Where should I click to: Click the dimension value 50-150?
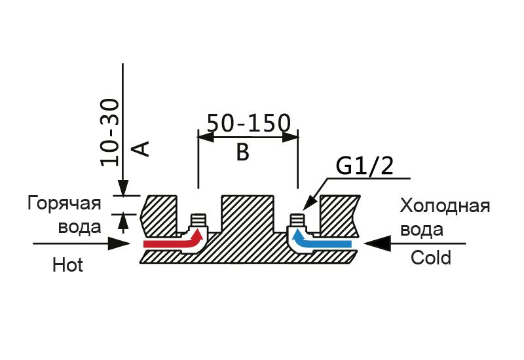click(x=249, y=122)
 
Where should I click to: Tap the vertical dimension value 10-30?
click(x=109, y=133)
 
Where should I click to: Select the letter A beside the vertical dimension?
click(x=141, y=149)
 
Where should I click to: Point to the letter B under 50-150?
click(x=242, y=152)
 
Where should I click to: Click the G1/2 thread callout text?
click(x=365, y=166)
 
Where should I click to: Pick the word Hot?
click(x=67, y=265)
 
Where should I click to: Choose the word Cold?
click(x=431, y=258)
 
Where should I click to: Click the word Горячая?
click(x=64, y=204)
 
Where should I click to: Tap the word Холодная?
click(x=445, y=206)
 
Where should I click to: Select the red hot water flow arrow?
click(x=173, y=240)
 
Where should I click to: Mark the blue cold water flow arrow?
click(x=321, y=240)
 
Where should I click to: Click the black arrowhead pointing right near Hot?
click(x=119, y=243)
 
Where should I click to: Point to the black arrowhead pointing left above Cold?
click(x=377, y=243)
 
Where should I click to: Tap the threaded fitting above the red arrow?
click(x=198, y=221)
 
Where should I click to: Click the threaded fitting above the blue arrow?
click(x=297, y=221)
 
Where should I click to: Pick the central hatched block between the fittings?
click(x=248, y=213)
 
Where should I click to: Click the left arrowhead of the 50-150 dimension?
click(x=206, y=137)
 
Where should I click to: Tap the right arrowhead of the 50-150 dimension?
click(x=290, y=137)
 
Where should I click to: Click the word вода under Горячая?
click(x=79, y=227)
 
